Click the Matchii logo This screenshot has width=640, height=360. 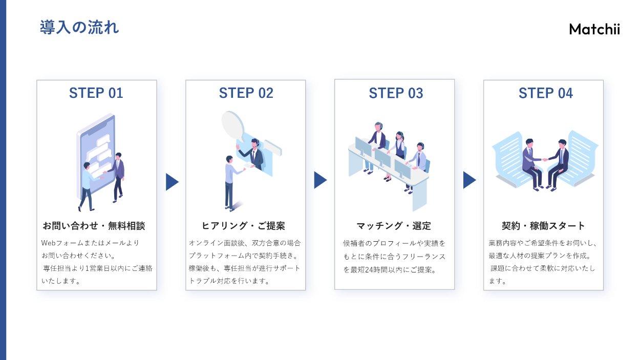pyautogui.click(x=594, y=29)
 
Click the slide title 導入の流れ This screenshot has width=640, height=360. pyautogui.click(x=79, y=27)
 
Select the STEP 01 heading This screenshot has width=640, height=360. pyautogui.click(x=96, y=93)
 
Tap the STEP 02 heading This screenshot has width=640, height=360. pyautogui.click(x=246, y=93)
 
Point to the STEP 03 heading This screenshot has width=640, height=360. pyautogui.click(x=396, y=93)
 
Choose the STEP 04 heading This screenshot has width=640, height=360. pyautogui.click(x=545, y=93)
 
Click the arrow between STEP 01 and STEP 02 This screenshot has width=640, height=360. pyautogui.click(x=172, y=182)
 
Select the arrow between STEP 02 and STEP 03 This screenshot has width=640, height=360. pyautogui.click(x=320, y=180)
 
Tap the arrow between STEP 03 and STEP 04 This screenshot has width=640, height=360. pyautogui.click(x=469, y=180)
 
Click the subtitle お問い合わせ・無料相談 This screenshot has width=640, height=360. pyautogui.click(x=94, y=226)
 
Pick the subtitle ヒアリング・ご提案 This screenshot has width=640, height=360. pyautogui.click(x=243, y=226)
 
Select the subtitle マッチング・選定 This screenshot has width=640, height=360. pyautogui.click(x=394, y=226)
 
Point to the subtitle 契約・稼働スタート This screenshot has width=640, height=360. pyautogui.click(x=543, y=226)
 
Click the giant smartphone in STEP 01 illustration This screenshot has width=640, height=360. pyautogui.click(x=96, y=149)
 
